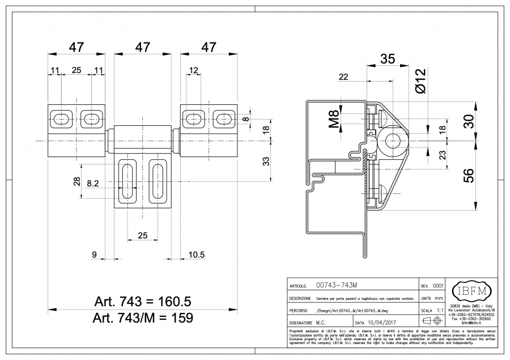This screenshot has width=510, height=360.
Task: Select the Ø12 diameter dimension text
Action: (420, 82)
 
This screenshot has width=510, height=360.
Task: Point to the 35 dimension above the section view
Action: (388, 58)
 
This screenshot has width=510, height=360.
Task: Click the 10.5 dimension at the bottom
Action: (196, 255)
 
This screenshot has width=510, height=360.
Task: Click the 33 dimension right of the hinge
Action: (267, 162)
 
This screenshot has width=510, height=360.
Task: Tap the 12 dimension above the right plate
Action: (193, 70)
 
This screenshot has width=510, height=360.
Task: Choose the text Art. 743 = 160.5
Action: (143, 300)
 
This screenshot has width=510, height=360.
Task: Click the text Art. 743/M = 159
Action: (143, 317)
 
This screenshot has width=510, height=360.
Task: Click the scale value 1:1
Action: (440, 311)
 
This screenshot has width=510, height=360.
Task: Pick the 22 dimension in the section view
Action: (343, 77)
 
